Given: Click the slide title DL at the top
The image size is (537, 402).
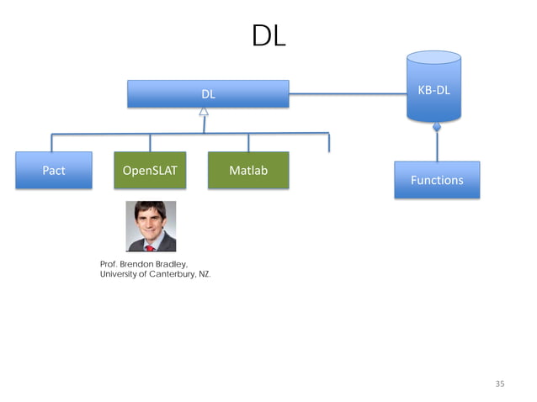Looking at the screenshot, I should tap(268, 35).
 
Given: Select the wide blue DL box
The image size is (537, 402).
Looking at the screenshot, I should tap(207, 94).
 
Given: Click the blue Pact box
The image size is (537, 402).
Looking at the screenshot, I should tap(54, 171).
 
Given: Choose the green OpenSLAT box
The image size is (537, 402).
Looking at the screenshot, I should tap(150, 171).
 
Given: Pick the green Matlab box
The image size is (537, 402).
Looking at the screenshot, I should tap(247, 171).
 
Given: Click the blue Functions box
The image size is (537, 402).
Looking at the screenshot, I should tap(436, 180).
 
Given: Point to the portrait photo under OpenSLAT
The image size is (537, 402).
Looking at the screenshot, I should tap(151, 225).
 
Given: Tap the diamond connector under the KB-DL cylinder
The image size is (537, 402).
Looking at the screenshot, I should tap(436, 128).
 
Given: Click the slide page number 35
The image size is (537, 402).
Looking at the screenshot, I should tap(500, 383).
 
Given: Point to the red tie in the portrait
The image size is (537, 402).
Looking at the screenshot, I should tap(150, 246).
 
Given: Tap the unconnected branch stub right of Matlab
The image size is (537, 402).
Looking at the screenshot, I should tap(328, 143).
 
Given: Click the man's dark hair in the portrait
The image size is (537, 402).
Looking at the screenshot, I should tap(150, 208).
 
